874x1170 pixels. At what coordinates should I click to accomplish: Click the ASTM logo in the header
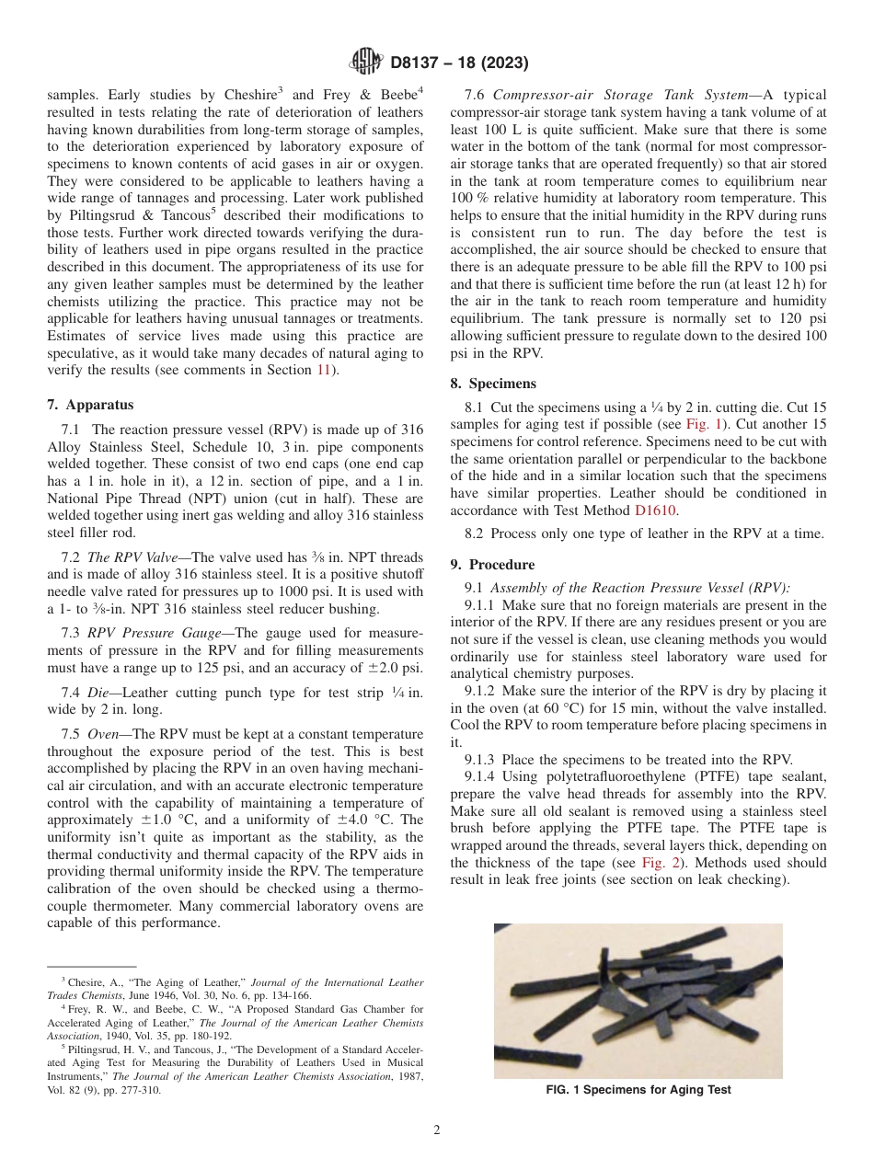point(366,63)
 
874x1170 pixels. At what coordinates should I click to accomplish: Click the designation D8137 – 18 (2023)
point(458,63)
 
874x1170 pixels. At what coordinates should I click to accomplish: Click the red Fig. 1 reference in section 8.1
point(701,424)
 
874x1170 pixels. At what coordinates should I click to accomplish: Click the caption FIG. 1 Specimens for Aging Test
point(638,1090)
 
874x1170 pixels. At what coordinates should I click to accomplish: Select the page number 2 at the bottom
point(437,1131)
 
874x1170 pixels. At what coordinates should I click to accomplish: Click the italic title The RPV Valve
point(136,557)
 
